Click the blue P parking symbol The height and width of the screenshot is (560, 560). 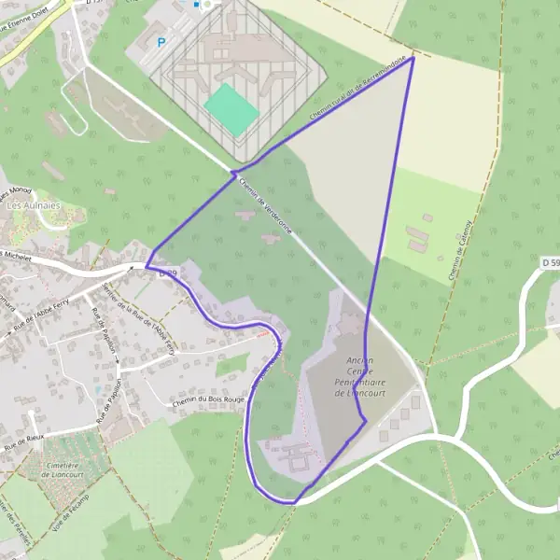click(161, 42)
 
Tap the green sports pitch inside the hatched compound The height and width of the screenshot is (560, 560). click(231, 109)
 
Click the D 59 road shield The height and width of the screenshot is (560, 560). click(551, 265)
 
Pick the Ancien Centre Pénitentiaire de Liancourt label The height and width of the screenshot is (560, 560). click(358, 377)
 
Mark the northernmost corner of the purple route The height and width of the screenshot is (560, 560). click(413, 57)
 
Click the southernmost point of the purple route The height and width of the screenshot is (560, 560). click(291, 503)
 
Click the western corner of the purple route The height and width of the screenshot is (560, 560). click(147, 266)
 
